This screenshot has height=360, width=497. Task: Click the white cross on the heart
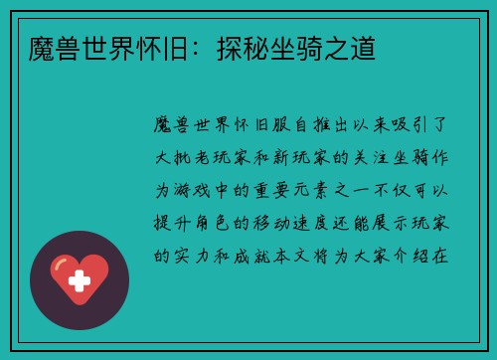point(79,281)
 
